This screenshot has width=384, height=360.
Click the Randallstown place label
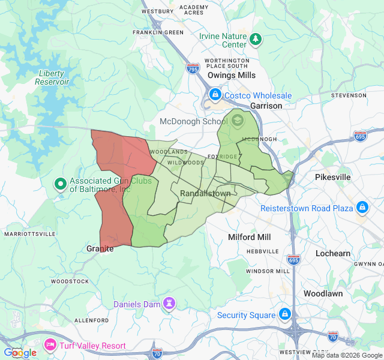205,194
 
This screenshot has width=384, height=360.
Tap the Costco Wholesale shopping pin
215,95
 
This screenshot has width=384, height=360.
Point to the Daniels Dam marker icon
170,304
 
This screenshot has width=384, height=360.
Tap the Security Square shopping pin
285,314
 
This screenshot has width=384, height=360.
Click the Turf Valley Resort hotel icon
50,345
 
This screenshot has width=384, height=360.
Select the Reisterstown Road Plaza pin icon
362,208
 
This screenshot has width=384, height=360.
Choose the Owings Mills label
232,76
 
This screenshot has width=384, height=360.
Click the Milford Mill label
250,237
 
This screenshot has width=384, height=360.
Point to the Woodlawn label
323,294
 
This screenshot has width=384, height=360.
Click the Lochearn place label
333,253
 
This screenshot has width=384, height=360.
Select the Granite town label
100,248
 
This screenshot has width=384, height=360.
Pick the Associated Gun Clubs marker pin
60,184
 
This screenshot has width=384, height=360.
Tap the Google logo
20,353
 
